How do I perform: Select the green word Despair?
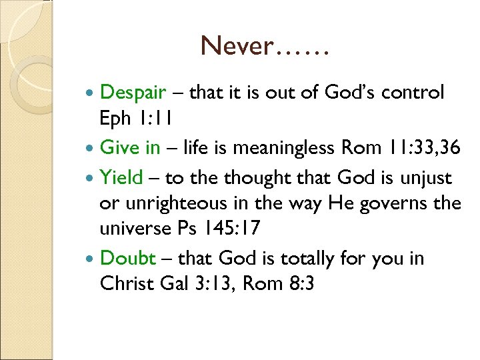coord(132,93)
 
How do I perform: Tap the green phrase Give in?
coord(130,148)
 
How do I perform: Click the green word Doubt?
coord(128,259)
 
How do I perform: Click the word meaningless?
coord(288,148)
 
